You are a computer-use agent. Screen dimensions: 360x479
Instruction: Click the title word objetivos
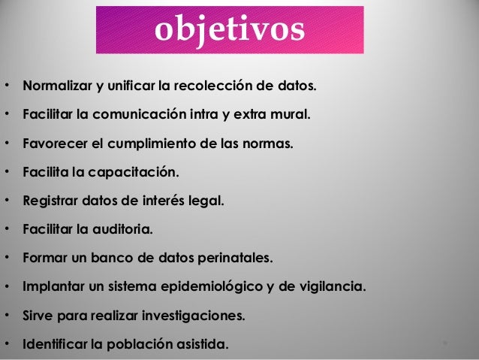(230, 29)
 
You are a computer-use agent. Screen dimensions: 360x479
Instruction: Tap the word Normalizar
(57, 86)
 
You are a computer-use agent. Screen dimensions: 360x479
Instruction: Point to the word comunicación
(142, 116)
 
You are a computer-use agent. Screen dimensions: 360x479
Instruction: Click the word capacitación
(132, 173)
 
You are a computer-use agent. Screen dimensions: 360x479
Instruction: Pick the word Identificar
(55, 345)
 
